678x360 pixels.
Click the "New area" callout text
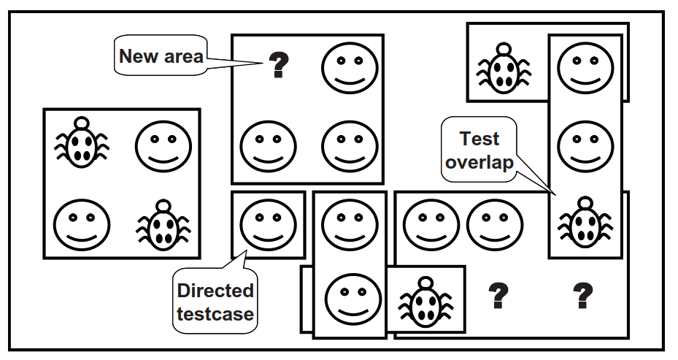(161, 56)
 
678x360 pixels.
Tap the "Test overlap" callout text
(479, 150)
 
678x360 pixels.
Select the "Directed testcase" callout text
(215, 302)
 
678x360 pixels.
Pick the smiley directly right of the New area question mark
(350, 68)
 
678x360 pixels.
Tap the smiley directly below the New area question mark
(268, 147)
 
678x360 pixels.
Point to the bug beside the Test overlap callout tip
(585, 222)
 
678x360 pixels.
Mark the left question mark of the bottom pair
(498, 296)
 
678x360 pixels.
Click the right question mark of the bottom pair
(582, 296)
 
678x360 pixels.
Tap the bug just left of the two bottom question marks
(425, 301)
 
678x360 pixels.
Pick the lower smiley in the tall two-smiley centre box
(353, 299)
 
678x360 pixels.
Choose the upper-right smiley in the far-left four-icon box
(163, 146)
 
